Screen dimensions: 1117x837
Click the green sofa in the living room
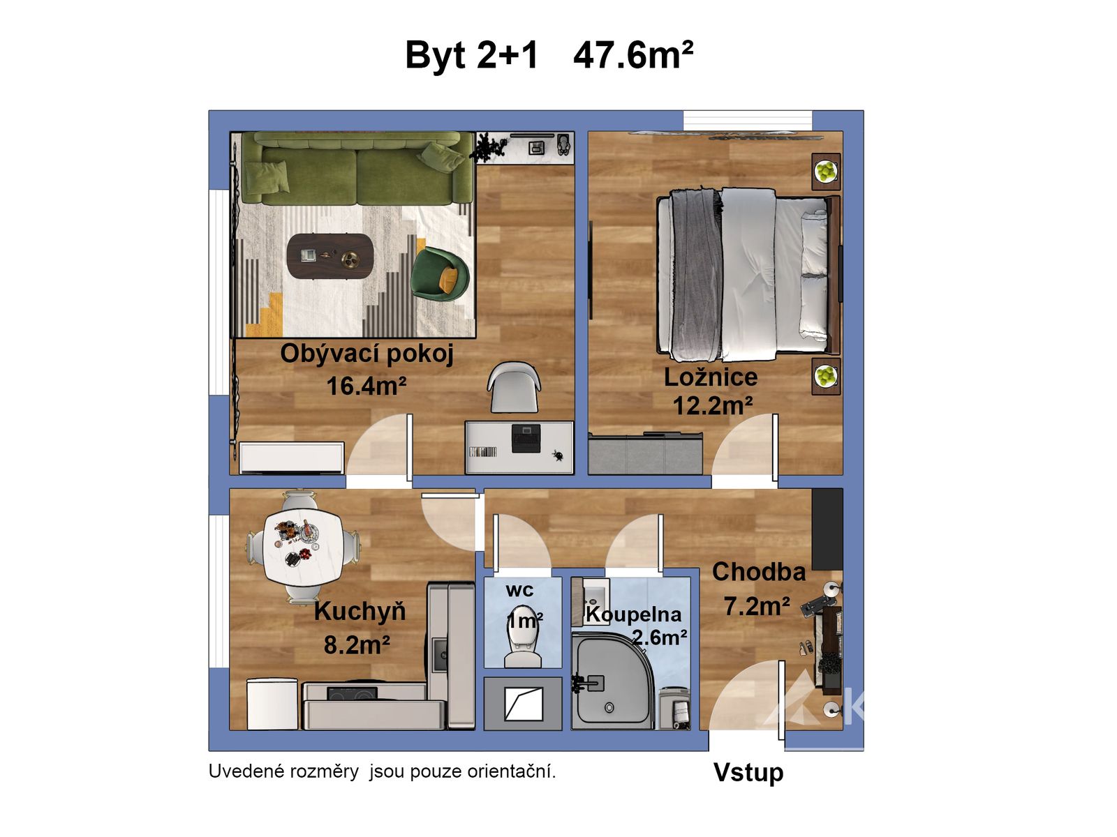pyautogui.click(x=356, y=167)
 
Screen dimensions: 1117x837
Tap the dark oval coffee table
pyautogui.click(x=330, y=255)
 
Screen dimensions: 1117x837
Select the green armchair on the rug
pyautogui.click(x=440, y=273)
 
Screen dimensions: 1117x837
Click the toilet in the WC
pyautogui.click(x=523, y=636)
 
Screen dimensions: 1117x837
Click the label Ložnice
pyautogui.click(x=711, y=377)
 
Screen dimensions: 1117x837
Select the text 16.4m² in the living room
pyautogui.click(x=367, y=386)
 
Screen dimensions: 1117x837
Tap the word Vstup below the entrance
pyautogui.click(x=748, y=773)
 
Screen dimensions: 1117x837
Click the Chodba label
pyautogui.click(x=759, y=572)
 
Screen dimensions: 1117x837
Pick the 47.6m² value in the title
pyautogui.click(x=633, y=55)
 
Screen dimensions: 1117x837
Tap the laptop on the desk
pyautogui.click(x=526, y=437)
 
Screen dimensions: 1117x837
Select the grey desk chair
pyautogui.click(x=514, y=386)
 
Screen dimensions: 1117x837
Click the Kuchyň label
pyautogui.click(x=360, y=612)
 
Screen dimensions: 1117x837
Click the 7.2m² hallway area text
pyautogui.click(x=757, y=606)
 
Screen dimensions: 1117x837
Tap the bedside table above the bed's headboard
pyautogui.click(x=825, y=172)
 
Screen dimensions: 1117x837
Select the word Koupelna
pyautogui.click(x=633, y=614)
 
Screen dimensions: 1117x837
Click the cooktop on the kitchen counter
pyautogui.click(x=352, y=693)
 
